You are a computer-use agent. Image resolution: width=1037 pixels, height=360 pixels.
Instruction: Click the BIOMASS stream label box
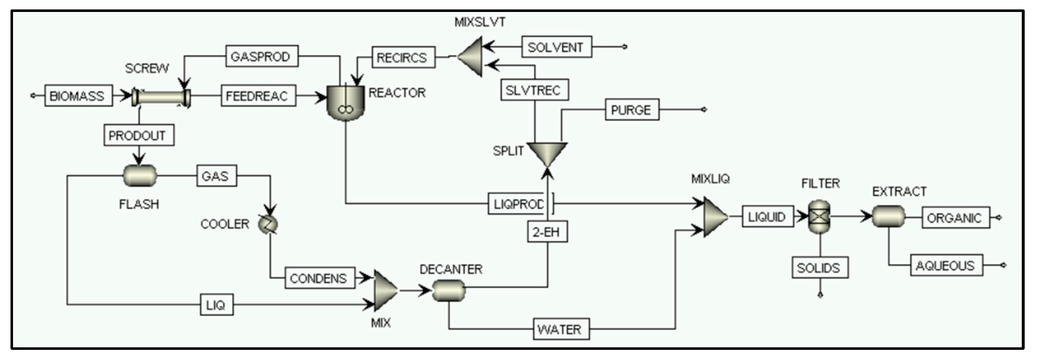[79, 95]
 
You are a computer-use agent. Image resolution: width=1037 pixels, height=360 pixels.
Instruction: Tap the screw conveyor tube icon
[161, 97]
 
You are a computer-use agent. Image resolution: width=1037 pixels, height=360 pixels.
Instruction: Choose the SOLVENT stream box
[556, 47]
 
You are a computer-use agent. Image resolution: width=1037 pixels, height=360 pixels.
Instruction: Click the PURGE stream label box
[632, 109]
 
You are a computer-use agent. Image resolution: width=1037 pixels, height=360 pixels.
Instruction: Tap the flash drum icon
[139, 175]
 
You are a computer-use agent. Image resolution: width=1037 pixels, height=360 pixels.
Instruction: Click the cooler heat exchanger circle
[268, 224]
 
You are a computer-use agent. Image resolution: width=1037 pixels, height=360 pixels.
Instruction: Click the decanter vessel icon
[449, 290]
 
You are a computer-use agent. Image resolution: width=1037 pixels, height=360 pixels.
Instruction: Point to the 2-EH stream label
[547, 232]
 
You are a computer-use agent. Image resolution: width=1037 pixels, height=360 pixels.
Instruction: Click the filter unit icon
[819, 217]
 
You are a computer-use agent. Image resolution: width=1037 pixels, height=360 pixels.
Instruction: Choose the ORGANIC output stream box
[955, 218]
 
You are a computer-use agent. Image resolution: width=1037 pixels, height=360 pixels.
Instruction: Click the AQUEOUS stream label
[946, 265]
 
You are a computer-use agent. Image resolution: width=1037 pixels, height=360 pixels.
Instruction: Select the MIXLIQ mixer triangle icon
[715, 217]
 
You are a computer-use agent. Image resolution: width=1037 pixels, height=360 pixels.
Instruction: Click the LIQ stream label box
[217, 305]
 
